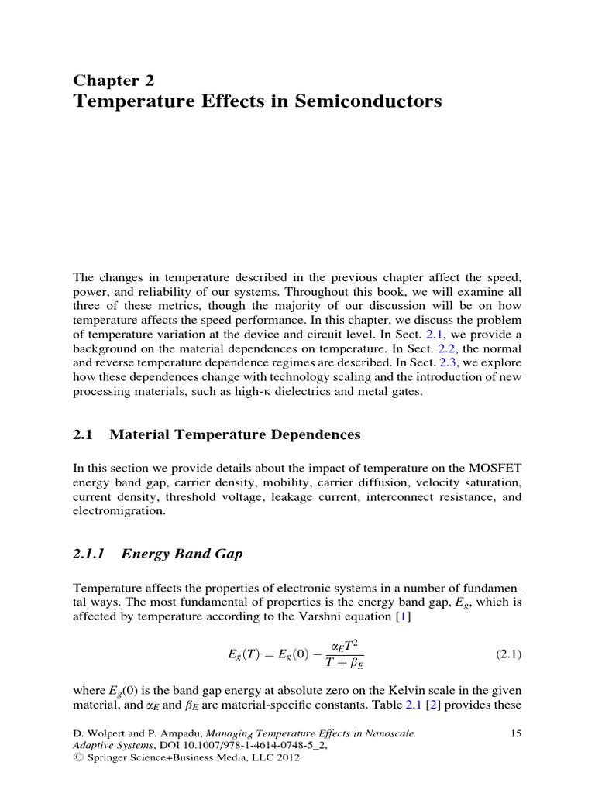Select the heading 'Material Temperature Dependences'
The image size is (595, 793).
[235, 434]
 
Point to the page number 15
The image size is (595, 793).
[518, 733]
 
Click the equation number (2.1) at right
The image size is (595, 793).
[508, 654]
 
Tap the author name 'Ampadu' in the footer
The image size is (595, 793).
[172, 733]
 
